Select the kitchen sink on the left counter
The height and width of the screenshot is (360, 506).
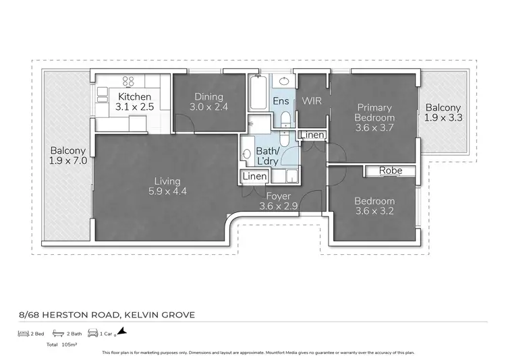103,92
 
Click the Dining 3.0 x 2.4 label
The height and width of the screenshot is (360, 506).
209,102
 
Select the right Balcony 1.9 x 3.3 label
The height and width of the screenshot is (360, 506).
443,113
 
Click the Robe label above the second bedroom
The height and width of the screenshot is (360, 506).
390,171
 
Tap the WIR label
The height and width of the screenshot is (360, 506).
312,101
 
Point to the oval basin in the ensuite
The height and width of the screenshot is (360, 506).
285,82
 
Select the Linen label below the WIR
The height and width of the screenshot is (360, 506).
312,136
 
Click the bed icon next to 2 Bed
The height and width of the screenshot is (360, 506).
23,333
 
